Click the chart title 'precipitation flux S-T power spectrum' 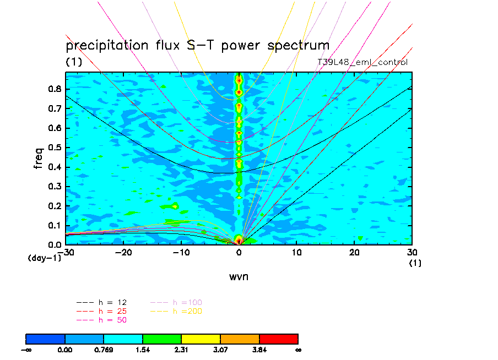(197, 45)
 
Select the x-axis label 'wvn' (239, 276)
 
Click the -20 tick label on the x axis (124, 253)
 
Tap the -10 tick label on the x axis (181, 253)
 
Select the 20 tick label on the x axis (354, 253)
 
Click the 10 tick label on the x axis (296, 253)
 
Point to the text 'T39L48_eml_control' (362, 62)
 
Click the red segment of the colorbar (279, 339)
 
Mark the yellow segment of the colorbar (201, 339)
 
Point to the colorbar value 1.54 (143, 349)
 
